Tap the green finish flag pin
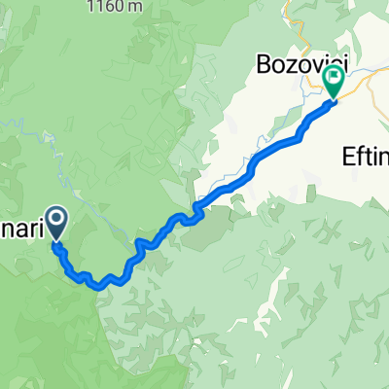pos(334,81)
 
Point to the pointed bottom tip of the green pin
pos(334,98)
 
